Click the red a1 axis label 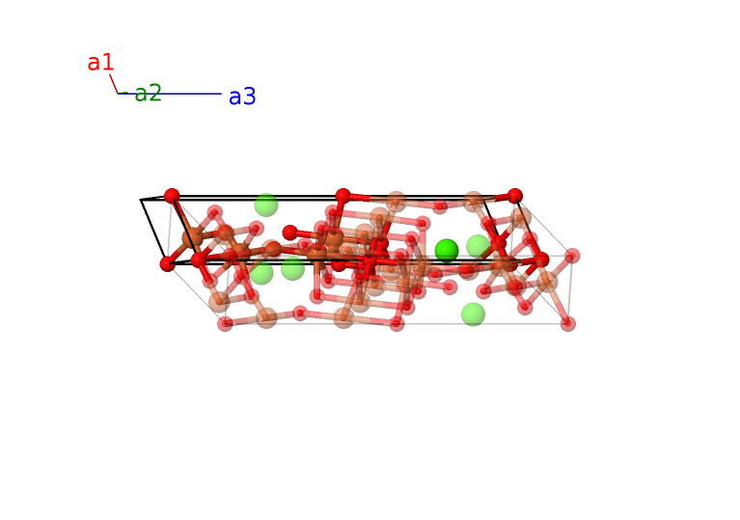click(100, 64)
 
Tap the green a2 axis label click(148, 94)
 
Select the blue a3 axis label click(242, 96)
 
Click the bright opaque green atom click(446, 251)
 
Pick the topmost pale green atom click(266, 205)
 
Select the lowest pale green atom click(473, 315)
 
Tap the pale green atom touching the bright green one click(478, 246)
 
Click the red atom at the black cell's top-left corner click(172, 196)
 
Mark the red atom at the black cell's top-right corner click(515, 196)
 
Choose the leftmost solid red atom click(168, 263)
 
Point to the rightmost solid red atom click(541, 260)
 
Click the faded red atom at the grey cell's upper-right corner click(572, 256)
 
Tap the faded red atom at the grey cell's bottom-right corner click(568, 323)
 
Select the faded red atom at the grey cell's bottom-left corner click(226, 323)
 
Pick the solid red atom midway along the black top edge click(343, 196)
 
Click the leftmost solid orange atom click(193, 237)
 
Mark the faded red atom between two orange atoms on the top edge click(440, 205)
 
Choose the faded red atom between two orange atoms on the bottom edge click(300, 313)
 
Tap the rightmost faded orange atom click(547, 282)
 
